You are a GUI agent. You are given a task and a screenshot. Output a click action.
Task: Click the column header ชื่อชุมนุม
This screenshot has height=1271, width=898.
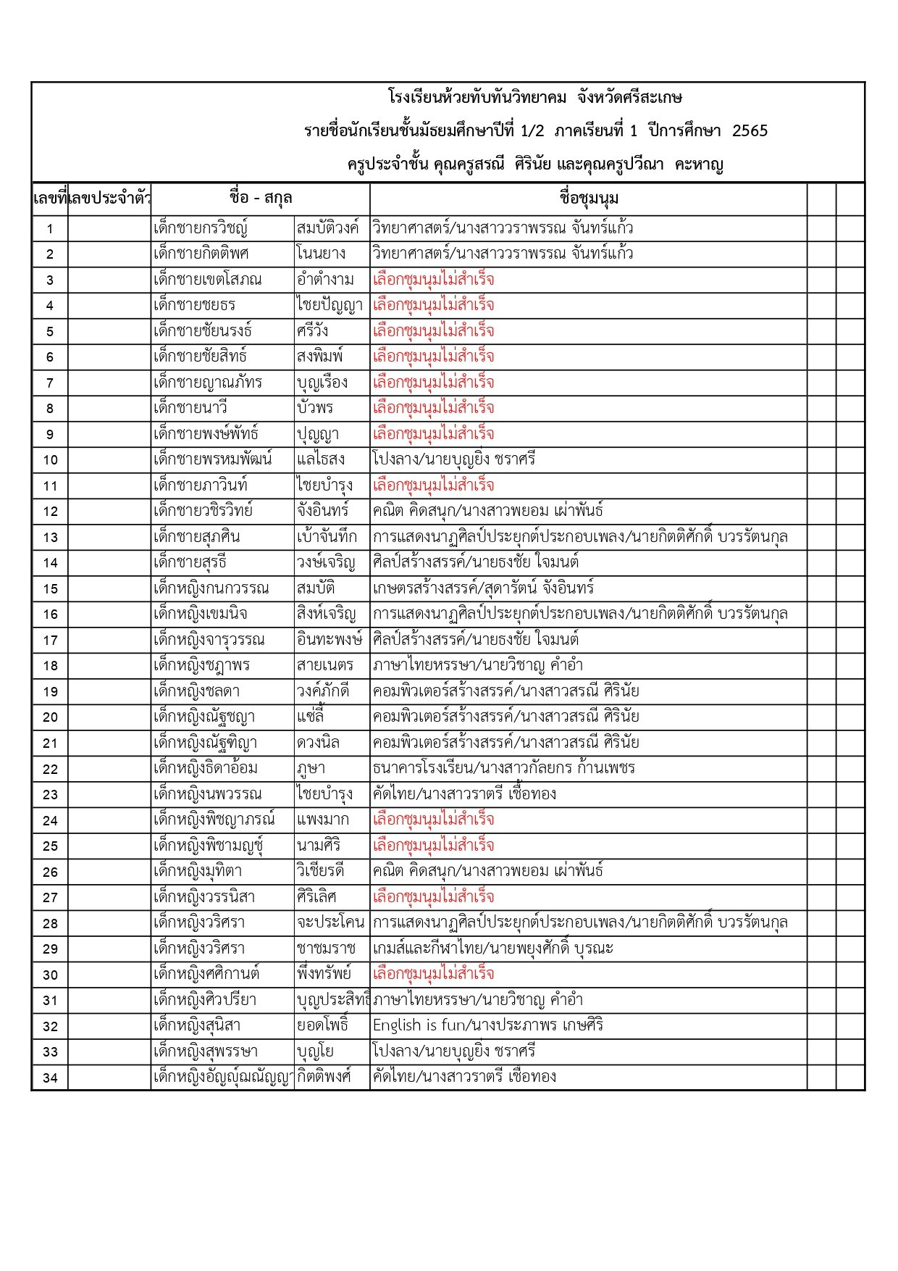click(x=589, y=198)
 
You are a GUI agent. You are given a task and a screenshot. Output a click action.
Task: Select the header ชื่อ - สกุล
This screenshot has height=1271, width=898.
click(x=260, y=198)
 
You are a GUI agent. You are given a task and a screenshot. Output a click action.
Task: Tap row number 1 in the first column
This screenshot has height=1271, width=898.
click(x=50, y=229)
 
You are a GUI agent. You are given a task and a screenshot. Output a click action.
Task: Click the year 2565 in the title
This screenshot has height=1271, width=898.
click(x=750, y=131)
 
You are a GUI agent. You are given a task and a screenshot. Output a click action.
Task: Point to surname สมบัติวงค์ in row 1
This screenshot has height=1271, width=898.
click(x=327, y=228)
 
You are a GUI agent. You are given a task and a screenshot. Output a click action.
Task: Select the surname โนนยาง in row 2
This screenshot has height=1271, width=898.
click(x=321, y=254)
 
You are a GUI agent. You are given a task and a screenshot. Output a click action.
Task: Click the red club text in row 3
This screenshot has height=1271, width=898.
click(x=433, y=280)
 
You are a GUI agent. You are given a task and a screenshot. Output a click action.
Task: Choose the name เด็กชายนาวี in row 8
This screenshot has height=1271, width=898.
click(x=190, y=408)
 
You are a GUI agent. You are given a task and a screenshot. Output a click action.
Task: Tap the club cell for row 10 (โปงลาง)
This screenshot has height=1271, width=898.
click(x=454, y=459)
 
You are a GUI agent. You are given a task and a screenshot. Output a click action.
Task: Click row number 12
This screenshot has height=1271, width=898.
click(x=50, y=512)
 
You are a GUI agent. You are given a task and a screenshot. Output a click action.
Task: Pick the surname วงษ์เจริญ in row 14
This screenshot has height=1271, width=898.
click(x=326, y=562)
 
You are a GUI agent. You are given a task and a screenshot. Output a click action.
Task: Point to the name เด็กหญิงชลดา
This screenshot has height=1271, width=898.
click(x=196, y=691)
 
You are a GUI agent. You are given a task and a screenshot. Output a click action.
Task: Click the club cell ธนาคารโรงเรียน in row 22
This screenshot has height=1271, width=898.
click(x=503, y=768)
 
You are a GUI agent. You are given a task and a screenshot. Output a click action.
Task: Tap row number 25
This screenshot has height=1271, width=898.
click(x=50, y=846)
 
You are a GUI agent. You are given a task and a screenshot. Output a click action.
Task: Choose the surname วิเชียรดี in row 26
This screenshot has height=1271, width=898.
click(x=320, y=871)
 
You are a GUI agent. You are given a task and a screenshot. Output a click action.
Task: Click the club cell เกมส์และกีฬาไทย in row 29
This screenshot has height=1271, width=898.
click(x=492, y=949)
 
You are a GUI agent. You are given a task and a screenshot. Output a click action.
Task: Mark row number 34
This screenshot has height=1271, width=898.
click(x=50, y=1078)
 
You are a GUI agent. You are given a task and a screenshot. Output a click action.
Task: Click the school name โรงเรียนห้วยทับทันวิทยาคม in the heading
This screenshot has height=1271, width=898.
click(x=477, y=98)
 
